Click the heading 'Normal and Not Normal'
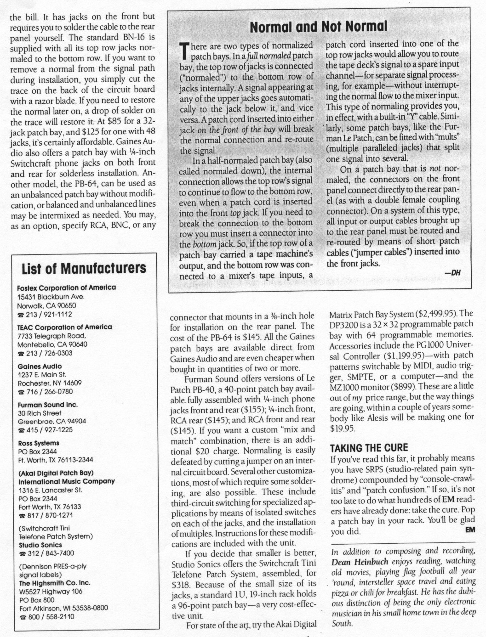[x=318, y=27]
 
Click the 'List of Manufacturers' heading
[x=84, y=268]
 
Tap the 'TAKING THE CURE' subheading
[x=369, y=448]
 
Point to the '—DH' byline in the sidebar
[x=452, y=273]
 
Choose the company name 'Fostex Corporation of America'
[x=66, y=287]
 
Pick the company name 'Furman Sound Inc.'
[x=47, y=405]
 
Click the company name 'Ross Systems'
[x=38, y=443]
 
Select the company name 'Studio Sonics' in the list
[x=40, y=545]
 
